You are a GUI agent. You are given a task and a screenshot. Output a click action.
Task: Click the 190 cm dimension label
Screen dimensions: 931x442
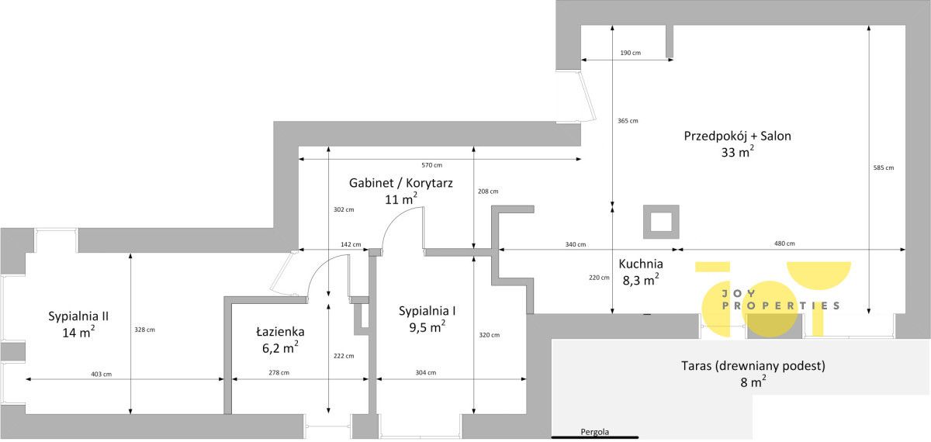(x=630, y=53)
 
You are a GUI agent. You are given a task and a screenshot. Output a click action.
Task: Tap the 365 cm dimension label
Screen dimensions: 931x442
(x=628, y=121)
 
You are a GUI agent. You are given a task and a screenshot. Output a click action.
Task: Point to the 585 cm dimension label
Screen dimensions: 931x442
(x=883, y=167)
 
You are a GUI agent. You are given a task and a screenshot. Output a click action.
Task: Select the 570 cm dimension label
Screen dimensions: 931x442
(x=432, y=165)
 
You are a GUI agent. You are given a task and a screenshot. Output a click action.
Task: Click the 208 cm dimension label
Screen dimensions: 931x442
(x=488, y=192)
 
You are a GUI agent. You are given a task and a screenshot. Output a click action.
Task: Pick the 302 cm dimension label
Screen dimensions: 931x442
(x=344, y=210)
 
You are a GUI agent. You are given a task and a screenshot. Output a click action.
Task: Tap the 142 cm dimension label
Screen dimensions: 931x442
(x=351, y=245)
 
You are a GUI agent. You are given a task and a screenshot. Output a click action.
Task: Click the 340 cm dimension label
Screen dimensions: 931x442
(x=575, y=245)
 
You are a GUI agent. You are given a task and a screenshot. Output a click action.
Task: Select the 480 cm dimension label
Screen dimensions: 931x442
(x=784, y=243)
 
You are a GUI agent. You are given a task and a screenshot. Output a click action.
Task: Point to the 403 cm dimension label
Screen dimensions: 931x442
(x=102, y=375)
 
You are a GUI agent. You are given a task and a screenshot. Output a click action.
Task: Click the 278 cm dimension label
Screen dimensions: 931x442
(x=279, y=373)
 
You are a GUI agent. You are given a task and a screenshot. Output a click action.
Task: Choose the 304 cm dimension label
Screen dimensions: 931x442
(x=426, y=373)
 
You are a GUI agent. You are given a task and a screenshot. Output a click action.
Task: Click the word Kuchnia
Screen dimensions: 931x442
(x=641, y=264)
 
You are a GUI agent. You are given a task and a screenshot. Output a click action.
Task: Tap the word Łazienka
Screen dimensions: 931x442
(x=280, y=332)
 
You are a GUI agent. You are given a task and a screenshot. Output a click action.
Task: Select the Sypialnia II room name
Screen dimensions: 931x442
(x=78, y=316)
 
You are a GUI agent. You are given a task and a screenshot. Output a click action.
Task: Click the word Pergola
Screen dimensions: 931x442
(x=595, y=432)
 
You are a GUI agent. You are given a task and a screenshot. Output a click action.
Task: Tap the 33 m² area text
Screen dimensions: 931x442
(x=737, y=153)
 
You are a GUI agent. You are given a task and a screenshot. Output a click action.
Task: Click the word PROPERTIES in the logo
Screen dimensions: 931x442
(x=781, y=306)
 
